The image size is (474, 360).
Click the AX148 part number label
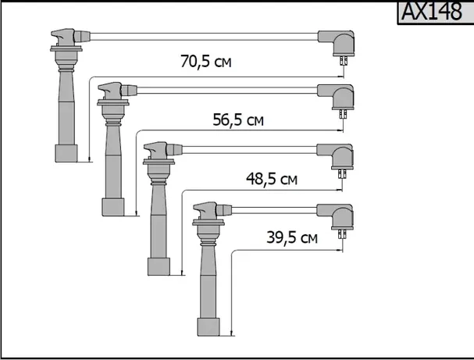click(x=430, y=12)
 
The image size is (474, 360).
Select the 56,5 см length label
click(x=237, y=119)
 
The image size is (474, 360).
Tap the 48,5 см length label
click(x=272, y=179)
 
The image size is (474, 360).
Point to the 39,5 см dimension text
click(x=290, y=237)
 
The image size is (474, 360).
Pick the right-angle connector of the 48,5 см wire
click(x=342, y=157)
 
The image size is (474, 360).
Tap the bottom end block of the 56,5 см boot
click(x=112, y=206)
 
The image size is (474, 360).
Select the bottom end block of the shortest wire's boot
click(x=207, y=326)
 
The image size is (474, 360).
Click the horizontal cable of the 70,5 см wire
click(x=203, y=35)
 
